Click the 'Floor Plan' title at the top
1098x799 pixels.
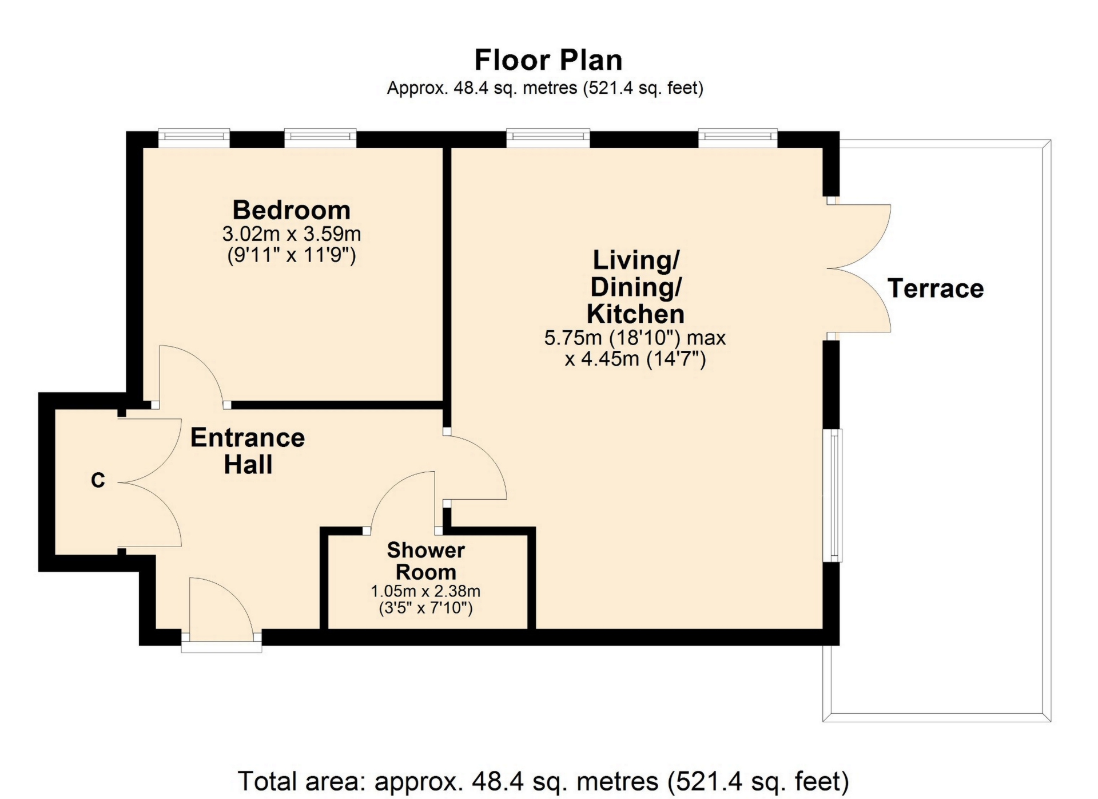tap(548, 60)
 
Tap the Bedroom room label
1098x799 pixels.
tap(292, 210)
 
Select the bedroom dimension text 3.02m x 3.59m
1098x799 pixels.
tap(292, 234)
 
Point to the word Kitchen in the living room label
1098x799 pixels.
tap(635, 314)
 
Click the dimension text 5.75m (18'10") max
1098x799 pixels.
tap(635, 338)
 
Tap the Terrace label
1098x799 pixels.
tap(936, 288)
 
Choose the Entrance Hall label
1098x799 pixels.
tap(248, 451)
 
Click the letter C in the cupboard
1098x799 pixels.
tap(98, 480)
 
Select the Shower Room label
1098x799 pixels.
tap(426, 561)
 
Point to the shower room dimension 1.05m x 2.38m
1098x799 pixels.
tap(425, 591)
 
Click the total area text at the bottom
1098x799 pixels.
tap(543, 781)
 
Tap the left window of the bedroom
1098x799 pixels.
tap(194, 136)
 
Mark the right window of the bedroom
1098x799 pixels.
tap(320, 136)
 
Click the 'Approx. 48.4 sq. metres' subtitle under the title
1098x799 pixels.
tap(545, 88)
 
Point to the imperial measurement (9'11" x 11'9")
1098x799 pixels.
tap(292, 254)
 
